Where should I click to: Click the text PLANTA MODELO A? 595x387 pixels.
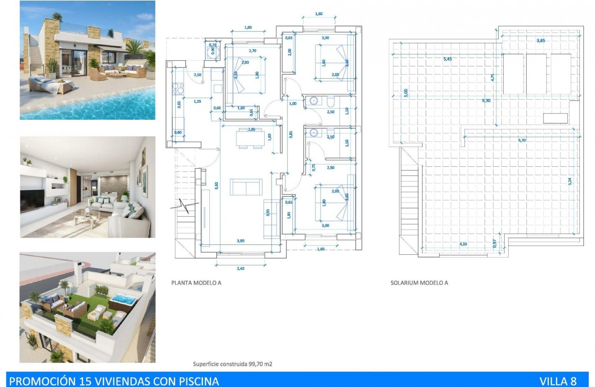coord(196,283)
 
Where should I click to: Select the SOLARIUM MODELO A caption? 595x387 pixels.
coord(419,283)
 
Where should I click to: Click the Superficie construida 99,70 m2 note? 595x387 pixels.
coord(232,364)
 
